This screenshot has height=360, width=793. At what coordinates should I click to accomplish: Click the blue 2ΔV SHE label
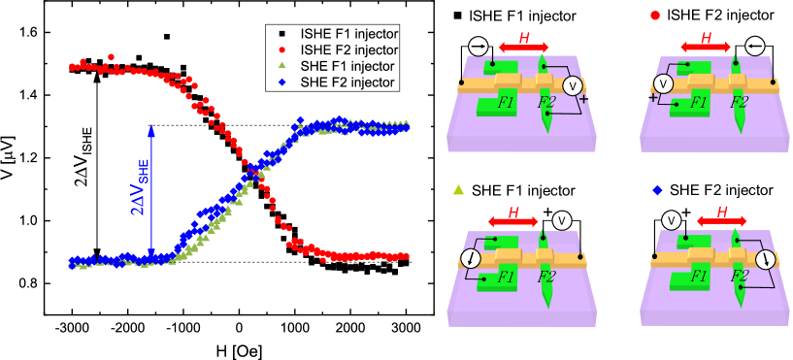(140, 189)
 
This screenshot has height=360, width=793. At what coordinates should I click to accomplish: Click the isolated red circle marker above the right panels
(655, 16)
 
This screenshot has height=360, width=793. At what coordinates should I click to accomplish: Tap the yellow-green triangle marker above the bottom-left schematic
(458, 190)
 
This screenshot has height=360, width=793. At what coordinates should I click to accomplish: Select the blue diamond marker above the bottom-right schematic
(657, 190)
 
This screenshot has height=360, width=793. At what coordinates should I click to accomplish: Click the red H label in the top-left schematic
(524, 37)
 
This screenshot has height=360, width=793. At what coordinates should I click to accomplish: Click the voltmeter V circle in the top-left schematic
(572, 86)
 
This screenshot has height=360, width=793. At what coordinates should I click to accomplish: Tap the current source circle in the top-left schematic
(477, 46)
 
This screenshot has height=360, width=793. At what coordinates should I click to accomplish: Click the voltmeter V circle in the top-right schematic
(664, 83)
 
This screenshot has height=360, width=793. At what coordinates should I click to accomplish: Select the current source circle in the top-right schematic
(756, 46)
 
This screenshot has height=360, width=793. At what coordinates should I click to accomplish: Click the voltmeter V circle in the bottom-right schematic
(671, 220)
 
